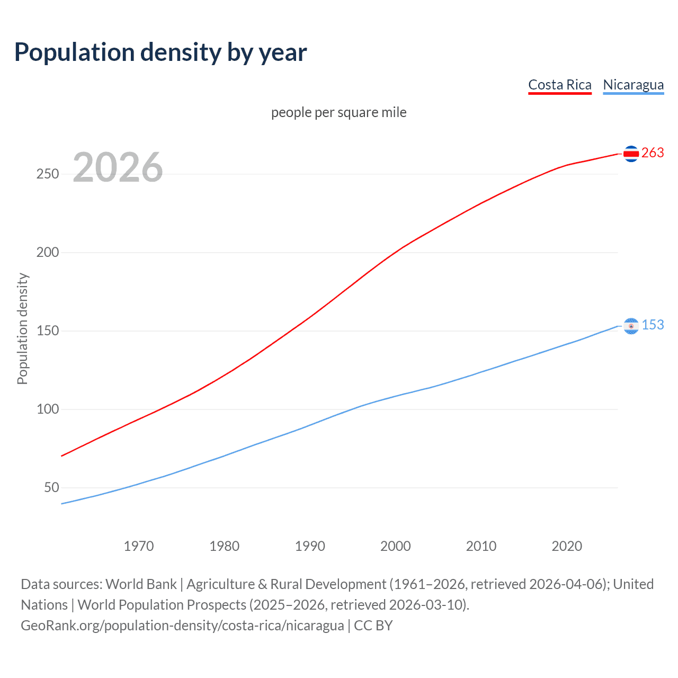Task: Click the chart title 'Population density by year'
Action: [x=160, y=52]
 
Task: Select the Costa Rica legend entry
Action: [x=560, y=85]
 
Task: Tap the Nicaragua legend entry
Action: [x=633, y=85]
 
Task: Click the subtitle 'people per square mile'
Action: [x=339, y=112]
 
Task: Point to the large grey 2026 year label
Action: [x=118, y=167]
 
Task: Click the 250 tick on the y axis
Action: [x=48, y=174]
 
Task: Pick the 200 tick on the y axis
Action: [x=48, y=252]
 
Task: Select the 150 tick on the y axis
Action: [x=48, y=331]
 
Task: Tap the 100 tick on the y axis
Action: [x=48, y=409]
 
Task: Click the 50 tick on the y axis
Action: [x=51, y=487]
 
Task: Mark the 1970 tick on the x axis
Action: [x=139, y=546]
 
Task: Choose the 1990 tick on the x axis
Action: [x=310, y=546]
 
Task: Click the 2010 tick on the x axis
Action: [x=481, y=546]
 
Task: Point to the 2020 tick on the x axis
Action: [x=567, y=546]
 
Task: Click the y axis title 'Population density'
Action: [x=22, y=328]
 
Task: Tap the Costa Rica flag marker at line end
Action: [x=631, y=154]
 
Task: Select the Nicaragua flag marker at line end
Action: [x=631, y=326]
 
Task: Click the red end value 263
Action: [x=653, y=153]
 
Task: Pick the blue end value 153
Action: [x=653, y=325]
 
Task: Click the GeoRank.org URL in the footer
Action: [x=182, y=625]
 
